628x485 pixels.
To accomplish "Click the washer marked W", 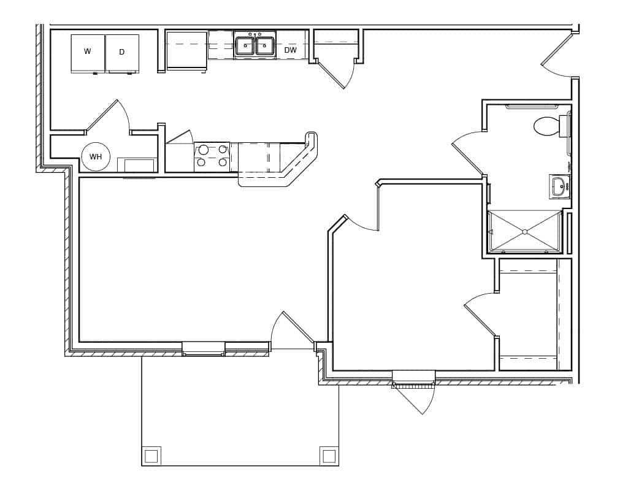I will (88, 53).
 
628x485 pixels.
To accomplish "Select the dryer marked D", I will (122, 53).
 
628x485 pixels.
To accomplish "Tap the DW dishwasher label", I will (291, 50).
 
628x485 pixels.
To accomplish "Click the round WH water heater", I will (96, 157).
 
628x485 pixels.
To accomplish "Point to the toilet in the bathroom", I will (547, 126).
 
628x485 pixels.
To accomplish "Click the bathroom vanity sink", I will (559, 186).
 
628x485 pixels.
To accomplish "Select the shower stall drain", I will (524, 232).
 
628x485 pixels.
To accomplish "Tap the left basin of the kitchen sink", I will (245, 46).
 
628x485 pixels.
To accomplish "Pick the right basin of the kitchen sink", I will (265, 46).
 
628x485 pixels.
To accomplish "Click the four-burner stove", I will (212, 156).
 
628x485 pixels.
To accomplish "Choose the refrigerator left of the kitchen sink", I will (186, 50).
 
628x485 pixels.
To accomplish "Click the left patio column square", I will (151, 456).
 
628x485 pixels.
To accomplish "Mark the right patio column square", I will (329, 456).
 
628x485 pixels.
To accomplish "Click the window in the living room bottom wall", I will (204, 348).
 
